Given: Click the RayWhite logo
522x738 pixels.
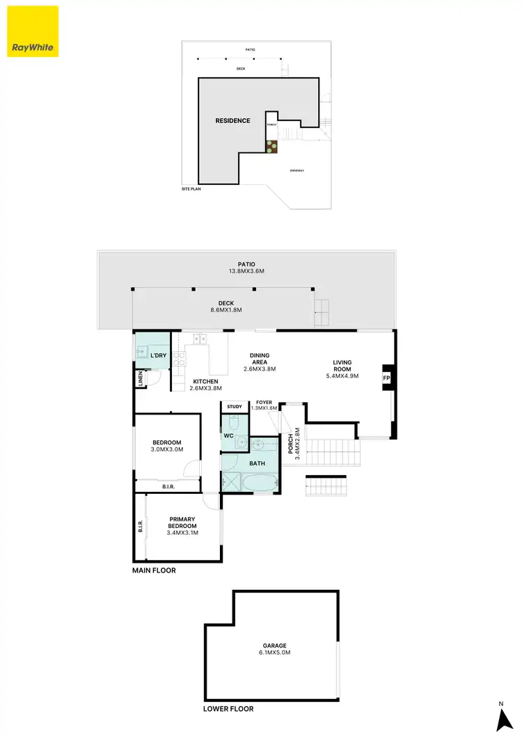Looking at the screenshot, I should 32,31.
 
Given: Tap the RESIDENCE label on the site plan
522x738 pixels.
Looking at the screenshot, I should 232,120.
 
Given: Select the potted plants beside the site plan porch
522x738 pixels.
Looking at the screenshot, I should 271,146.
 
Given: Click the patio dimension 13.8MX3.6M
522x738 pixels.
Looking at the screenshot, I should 246,272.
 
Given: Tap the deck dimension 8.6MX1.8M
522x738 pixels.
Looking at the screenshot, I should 226,310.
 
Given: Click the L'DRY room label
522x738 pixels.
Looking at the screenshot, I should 159,355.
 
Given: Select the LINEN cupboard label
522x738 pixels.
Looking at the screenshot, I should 141,378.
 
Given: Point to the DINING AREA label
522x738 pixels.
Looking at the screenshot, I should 260,359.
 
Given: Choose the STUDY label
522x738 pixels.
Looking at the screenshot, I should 234,407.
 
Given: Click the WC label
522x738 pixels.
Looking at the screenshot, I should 228,436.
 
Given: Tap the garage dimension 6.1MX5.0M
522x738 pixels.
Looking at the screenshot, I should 275,653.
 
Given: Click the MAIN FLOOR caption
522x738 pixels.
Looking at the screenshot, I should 155,570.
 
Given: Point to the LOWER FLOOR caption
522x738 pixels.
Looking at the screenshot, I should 228,709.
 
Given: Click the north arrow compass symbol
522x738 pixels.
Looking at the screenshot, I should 500,718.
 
